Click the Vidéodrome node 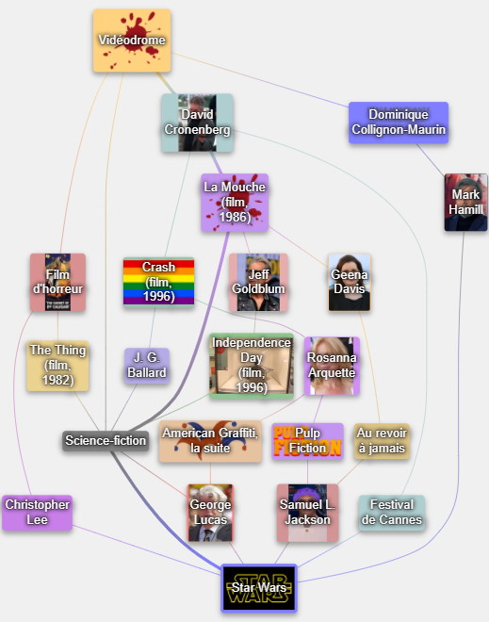132,41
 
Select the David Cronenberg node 197,123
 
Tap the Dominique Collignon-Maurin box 399,123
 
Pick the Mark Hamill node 466,202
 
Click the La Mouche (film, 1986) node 235,203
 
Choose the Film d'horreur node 57,282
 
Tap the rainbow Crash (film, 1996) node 158,282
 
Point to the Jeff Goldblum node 258,282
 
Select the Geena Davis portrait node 350,282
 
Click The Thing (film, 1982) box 57,366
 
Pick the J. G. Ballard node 147,366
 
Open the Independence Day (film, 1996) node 252,366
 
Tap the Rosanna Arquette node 332,366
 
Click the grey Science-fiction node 106,441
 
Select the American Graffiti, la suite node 210,441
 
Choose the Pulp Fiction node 307,441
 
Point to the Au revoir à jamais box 382,441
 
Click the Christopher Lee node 38,513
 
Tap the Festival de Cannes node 392,513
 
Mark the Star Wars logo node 259,588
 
